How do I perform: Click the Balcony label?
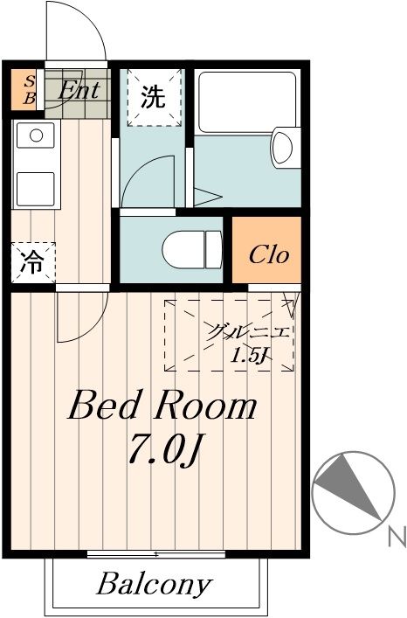(154, 584)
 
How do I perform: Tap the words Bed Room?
(162, 406)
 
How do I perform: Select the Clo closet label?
(268, 255)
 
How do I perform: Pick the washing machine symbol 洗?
(153, 98)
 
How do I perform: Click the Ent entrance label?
(78, 88)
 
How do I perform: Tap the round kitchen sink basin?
(36, 135)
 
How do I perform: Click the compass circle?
(348, 492)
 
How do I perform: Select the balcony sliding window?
(156, 554)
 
